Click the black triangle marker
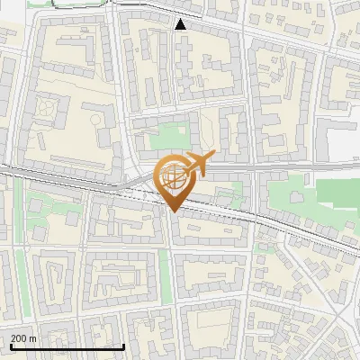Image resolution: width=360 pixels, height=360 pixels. click(181, 24)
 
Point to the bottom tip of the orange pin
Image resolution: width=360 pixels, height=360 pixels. click(173, 212)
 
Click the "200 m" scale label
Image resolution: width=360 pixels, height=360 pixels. click(24, 338)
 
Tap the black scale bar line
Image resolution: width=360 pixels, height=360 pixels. click(67, 346)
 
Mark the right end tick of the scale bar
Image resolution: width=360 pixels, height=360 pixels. click(123, 345)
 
